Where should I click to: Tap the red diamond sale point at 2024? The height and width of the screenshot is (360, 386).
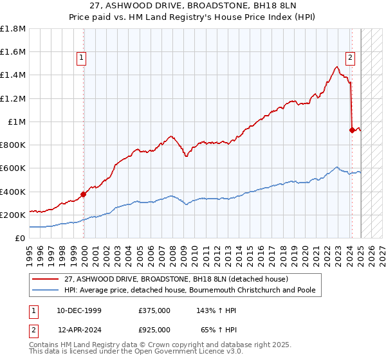pos(352,130)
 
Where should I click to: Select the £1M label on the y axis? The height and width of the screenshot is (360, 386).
pos(17,122)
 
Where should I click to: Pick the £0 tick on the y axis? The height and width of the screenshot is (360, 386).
pos(21,238)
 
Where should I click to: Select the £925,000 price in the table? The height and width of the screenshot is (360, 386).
pos(154,329)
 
